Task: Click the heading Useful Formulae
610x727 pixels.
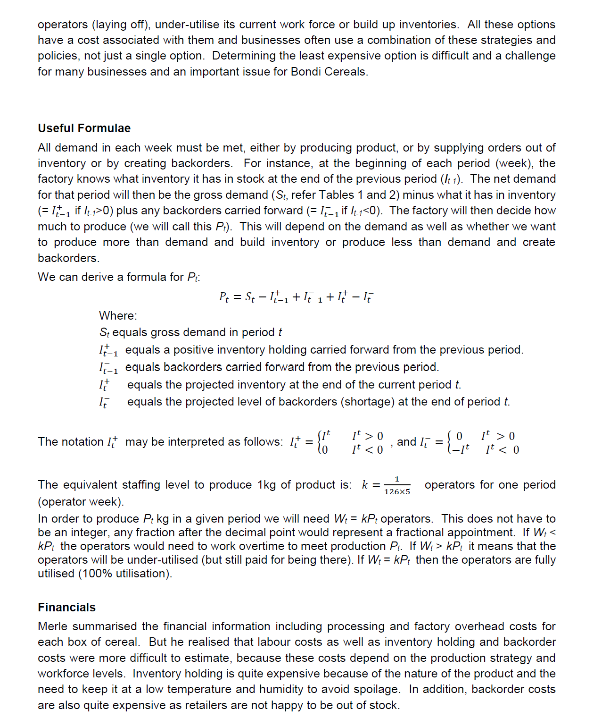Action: point(84,128)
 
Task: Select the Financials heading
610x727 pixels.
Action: point(66,607)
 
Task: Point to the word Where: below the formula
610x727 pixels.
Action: point(118,316)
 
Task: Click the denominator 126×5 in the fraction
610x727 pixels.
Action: point(397,492)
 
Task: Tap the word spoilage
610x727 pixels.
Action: point(376,689)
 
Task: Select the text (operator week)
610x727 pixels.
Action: point(81,501)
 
